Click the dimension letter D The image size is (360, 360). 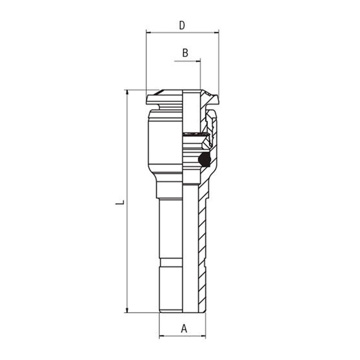click(x=182, y=25)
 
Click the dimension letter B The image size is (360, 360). click(x=185, y=53)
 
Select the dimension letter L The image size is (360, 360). click(x=120, y=202)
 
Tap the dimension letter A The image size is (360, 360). click(x=184, y=329)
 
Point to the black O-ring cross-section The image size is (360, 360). click(x=204, y=159)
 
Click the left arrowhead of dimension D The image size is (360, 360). click(x=149, y=33)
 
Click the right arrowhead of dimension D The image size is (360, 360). click(x=216, y=33)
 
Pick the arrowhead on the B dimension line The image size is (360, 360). click(x=198, y=61)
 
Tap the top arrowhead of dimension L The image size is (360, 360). click(x=127, y=92)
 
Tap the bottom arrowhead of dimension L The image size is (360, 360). click(x=127, y=310)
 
